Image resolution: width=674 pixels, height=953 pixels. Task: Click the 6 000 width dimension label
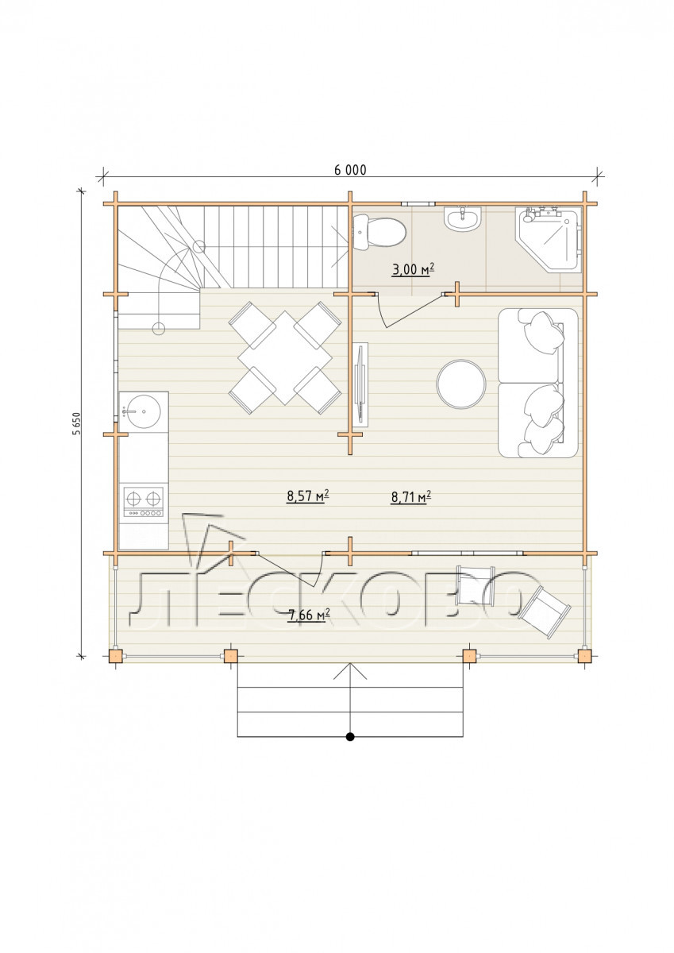[350, 170]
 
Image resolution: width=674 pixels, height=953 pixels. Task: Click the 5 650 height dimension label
[77, 424]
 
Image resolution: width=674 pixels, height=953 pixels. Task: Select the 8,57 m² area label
[308, 496]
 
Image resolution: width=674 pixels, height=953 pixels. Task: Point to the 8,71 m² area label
[411, 496]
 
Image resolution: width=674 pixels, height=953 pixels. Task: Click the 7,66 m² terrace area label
[309, 615]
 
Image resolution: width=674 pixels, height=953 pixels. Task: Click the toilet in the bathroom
[379, 232]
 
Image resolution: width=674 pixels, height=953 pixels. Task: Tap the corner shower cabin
[548, 240]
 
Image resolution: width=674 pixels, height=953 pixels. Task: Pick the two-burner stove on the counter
[144, 502]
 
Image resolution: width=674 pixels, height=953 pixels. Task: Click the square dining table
[284, 357]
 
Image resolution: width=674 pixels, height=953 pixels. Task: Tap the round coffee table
[461, 384]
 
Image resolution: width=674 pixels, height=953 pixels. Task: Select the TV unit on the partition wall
[361, 385]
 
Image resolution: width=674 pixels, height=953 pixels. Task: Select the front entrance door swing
[290, 569]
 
